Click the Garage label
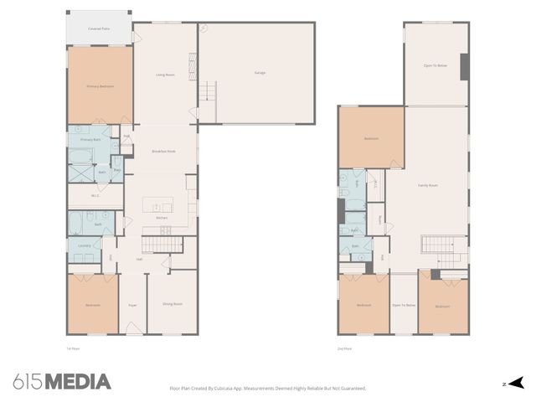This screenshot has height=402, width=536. [260, 74]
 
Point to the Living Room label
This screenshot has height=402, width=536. [165, 75]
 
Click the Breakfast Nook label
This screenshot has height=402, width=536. [163, 151]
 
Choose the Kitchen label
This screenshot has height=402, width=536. [162, 219]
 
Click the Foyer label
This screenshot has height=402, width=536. [132, 305]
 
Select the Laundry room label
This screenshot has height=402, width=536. [84, 245]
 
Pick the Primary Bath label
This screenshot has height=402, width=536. [90, 140]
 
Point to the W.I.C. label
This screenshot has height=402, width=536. [95, 196]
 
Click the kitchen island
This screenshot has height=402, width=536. [157, 204]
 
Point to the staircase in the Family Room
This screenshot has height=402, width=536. [433, 245]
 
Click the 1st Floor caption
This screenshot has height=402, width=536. [73, 348]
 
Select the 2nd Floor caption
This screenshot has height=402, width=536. [344, 348]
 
